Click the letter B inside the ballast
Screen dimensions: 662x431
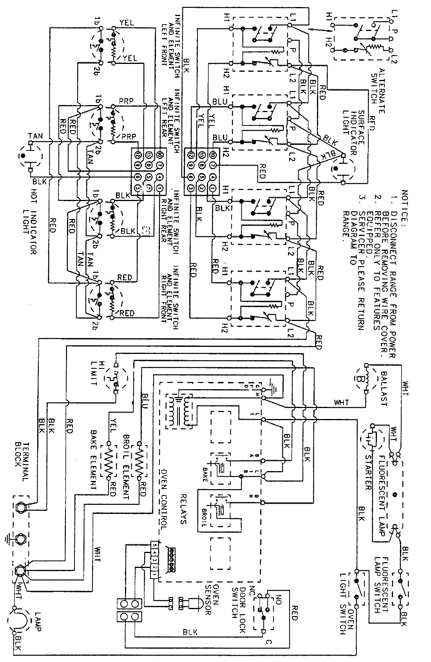(x=359, y=379)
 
